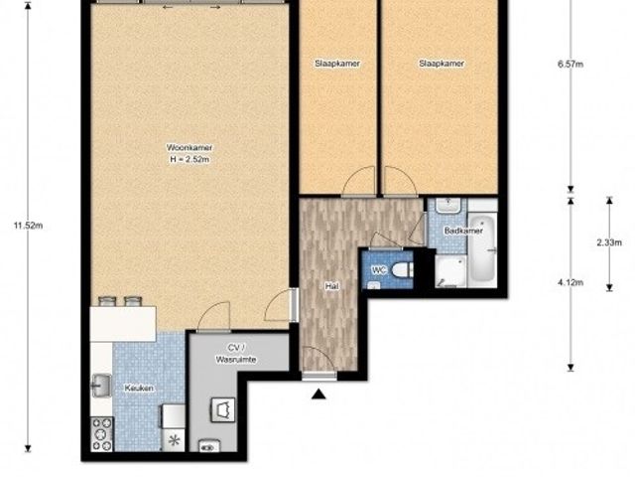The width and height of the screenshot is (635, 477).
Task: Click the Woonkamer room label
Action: tap(190, 148)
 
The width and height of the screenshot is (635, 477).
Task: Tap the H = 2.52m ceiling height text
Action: tap(190, 159)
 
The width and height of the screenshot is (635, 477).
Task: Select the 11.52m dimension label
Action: tap(28, 226)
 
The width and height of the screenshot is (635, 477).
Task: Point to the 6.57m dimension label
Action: tap(571, 64)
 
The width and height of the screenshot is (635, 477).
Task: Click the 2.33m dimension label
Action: tap(609, 242)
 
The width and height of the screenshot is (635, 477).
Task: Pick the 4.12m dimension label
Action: tap(571, 282)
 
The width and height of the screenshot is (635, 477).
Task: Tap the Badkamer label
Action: tap(463, 231)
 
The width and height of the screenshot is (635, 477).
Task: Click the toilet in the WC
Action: tap(402, 269)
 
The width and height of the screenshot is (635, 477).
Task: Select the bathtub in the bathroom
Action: tap(483, 248)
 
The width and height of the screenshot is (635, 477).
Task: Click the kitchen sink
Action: tap(101, 386)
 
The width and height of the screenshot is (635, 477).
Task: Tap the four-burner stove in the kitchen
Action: tap(101, 434)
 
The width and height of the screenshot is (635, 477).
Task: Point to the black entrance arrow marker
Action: tap(318, 394)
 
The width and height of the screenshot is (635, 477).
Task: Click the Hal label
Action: tap(331, 286)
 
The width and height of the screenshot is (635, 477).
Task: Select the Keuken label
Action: tap(139, 389)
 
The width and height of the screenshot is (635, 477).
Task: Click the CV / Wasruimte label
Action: tap(236, 354)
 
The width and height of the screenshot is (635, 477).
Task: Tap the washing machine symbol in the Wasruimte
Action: tap(222, 409)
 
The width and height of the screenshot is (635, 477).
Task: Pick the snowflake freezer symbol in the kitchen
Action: tap(175, 440)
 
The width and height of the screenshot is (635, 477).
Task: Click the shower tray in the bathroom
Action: tap(450, 271)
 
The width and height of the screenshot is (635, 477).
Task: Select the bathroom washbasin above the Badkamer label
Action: tap(447, 206)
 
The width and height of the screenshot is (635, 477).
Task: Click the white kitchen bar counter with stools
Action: tap(123, 324)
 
